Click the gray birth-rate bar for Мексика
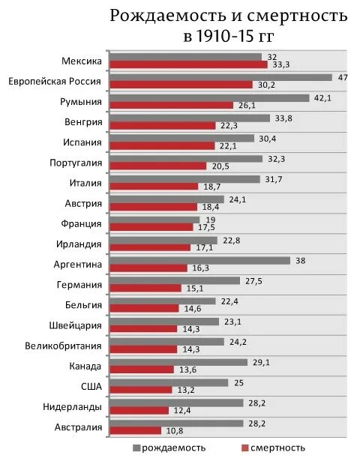click(185, 57)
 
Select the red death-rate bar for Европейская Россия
click(181, 85)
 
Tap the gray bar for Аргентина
click(199, 260)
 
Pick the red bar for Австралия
click(136, 430)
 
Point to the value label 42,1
click(322, 97)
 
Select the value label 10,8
click(174, 430)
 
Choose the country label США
click(91, 386)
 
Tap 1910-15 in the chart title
click(226, 36)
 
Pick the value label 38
click(299, 260)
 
